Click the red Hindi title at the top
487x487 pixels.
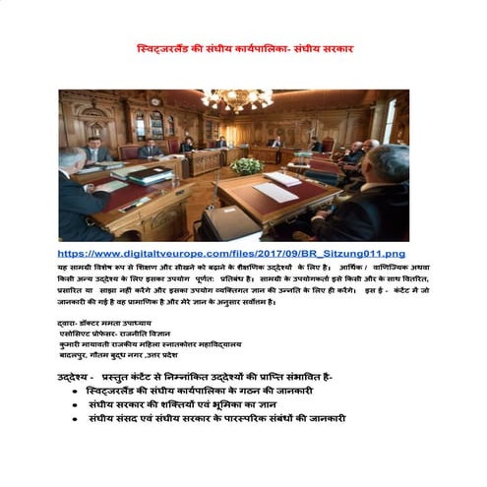(244, 48)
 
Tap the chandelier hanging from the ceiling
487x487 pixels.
(237, 98)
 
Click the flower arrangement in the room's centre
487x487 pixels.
(245, 164)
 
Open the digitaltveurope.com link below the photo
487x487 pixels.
(230, 254)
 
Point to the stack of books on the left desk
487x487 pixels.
(148, 175)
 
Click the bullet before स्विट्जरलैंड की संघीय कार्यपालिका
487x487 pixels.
(76, 391)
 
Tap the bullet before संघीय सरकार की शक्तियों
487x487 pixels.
(76, 404)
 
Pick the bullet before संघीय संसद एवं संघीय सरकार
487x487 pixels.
(76, 418)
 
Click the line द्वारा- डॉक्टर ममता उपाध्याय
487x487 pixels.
(104, 323)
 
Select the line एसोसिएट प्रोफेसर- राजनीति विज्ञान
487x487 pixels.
(113, 334)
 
